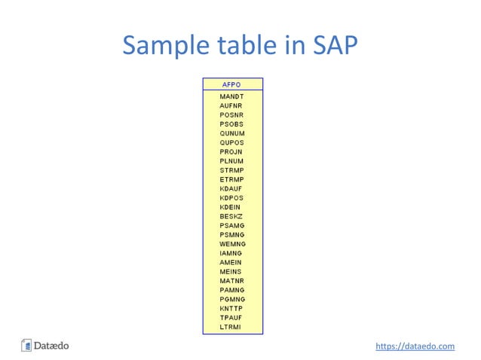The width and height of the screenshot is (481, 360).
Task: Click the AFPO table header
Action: tap(232, 84)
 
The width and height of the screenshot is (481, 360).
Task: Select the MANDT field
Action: tap(231, 97)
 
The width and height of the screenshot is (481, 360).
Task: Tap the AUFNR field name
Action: tap(231, 106)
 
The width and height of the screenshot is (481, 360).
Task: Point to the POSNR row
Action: tap(231, 115)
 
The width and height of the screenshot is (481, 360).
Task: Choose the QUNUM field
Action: tap(231, 133)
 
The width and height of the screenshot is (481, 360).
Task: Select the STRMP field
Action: tap(231, 170)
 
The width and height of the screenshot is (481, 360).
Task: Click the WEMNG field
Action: tap(232, 244)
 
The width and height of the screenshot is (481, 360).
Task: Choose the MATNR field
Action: tap(231, 281)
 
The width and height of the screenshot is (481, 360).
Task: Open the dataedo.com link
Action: tap(415, 346)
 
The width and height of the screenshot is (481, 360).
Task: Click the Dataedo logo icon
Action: tap(26, 346)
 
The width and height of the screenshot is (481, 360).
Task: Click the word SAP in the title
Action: tap(334, 47)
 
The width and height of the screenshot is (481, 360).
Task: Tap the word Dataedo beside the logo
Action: tap(52, 346)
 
